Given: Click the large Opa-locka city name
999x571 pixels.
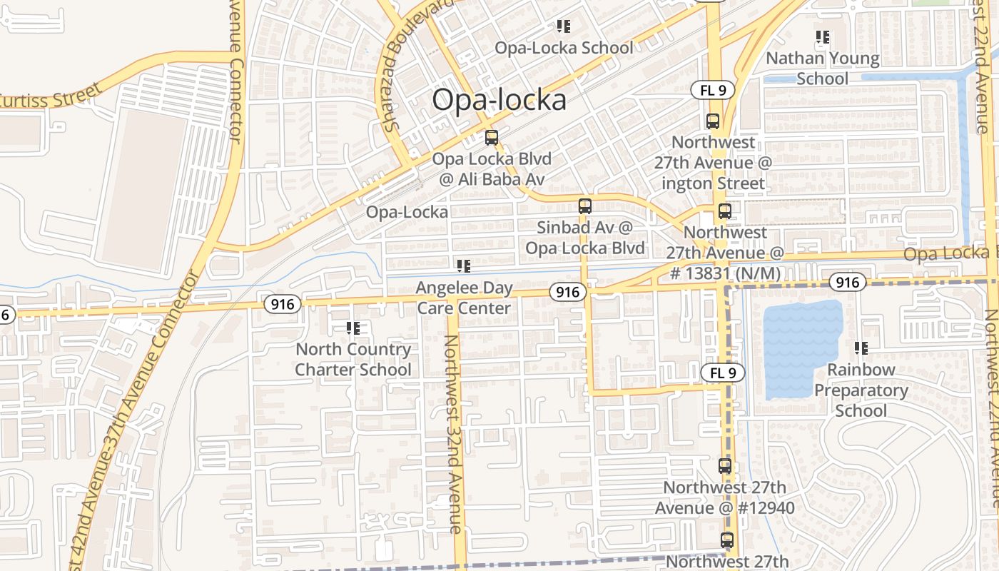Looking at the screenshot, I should click(499, 100).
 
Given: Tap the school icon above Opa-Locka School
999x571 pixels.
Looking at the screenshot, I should click(564, 26).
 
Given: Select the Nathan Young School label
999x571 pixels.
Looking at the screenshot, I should click(822, 69).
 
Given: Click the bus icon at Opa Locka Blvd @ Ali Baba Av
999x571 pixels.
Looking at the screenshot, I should click(491, 138).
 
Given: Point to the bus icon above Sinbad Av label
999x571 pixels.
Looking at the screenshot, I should click(585, 206).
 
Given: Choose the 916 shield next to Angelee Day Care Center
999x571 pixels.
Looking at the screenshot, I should click(568, 291).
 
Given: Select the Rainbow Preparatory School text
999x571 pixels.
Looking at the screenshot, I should click(861, 390).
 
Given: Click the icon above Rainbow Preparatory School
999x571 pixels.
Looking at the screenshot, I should click(861, 348).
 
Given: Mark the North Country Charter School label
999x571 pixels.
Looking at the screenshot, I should click(353, 360).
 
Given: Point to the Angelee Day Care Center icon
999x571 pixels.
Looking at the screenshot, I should click(464, 266).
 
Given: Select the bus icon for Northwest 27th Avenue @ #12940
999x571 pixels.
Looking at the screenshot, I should click(725, 466).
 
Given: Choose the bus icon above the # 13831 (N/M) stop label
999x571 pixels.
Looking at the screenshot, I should click(725, 211).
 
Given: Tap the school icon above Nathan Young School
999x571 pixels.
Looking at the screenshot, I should click(822, 36).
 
